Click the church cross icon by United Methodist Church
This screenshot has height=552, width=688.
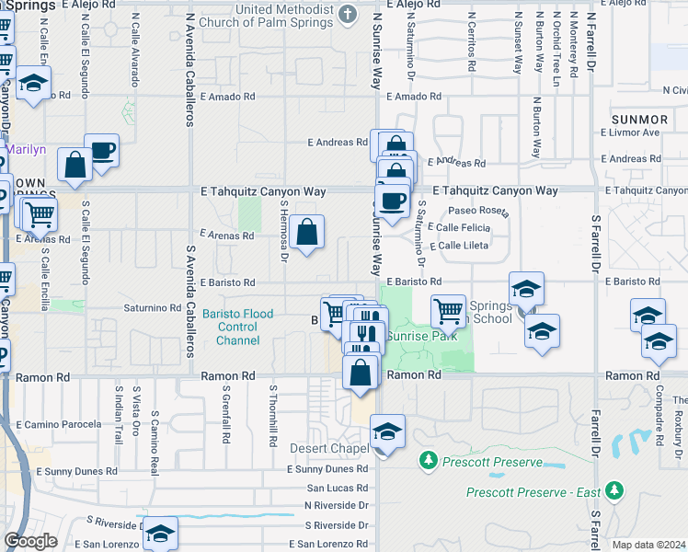[x=347, y=13]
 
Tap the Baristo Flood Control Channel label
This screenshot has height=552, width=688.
[x=237, y=328]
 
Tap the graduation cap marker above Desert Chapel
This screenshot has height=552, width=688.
[x=387, y=431]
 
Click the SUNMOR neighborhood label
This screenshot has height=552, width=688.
[x=639, y=120]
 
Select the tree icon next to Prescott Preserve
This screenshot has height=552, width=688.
[x=427, y=459]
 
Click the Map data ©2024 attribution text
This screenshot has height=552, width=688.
[x=648, y=545]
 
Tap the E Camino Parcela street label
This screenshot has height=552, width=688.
[x=57, y=424]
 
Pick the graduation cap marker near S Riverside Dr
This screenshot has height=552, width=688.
[x=160, y=534]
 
